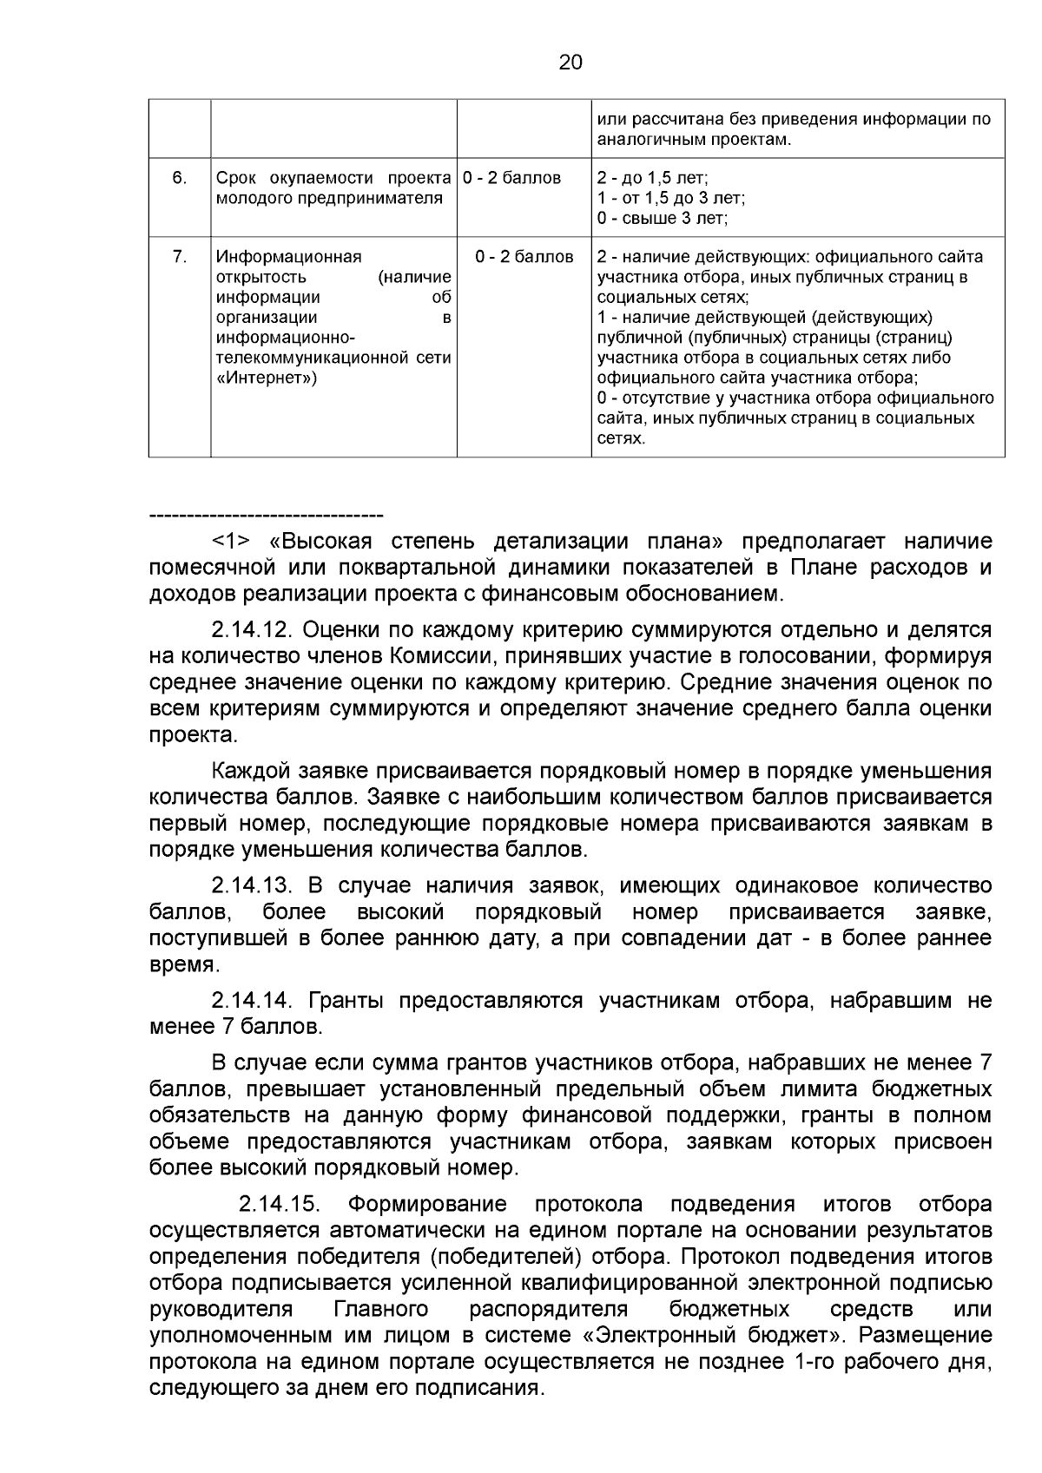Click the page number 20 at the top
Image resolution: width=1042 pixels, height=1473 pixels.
pyautogui.click(x=570, y=62)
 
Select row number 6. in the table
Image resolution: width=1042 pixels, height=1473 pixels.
pyautogui.click(x=179, y=178)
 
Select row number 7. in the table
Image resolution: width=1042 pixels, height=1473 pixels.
pyautogui.click(x=179, y=257)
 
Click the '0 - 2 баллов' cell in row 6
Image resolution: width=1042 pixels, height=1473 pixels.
pyautogui.click(x=512, y=178)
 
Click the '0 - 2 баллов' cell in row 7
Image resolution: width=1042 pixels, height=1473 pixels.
pyautogui.click(x=524, y=257)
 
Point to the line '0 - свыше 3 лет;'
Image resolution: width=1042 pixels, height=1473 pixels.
pyautogui.click(x=663, y=218)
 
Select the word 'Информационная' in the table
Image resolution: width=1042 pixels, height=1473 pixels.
pyautogui.click(x=288, y=257)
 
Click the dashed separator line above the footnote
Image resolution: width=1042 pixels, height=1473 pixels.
pyautogui.click(x=266, y=516)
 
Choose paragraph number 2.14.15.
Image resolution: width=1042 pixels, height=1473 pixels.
pyautogui.click(x=280, y=1204)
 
